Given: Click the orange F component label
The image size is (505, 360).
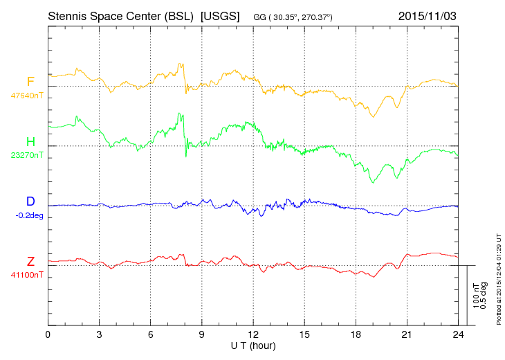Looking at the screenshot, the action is pos(30,82).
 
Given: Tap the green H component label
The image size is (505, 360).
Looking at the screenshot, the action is pos(30,141).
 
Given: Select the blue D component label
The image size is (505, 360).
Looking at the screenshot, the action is pos(30,201).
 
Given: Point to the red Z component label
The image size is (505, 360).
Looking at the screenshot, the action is pos(30,261).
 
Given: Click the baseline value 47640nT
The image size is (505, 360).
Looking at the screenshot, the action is pos(27,96).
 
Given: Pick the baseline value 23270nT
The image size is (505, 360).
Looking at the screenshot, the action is pos(27,155).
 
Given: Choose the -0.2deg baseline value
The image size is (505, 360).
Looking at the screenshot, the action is pos(29,215).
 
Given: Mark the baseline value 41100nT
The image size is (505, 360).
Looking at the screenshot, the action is pos(27,275).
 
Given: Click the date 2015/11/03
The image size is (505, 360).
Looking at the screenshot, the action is pos(427,16).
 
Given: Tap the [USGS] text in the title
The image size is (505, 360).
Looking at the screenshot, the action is pos(220,16).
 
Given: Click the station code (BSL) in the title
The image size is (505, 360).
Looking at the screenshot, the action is pos(178,16).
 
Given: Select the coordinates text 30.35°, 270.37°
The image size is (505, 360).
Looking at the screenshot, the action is pos(302,17).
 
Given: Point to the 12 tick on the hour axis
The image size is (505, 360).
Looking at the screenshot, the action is pos(253,334).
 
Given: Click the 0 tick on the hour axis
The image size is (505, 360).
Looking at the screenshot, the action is pos(48,334).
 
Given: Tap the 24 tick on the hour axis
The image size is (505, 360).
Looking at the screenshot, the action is pos(458,334).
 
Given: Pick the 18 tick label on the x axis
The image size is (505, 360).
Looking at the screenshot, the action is pos(356,334).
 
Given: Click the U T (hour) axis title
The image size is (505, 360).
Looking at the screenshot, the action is pos(253,346).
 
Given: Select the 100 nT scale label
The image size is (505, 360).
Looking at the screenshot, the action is pos(476,296).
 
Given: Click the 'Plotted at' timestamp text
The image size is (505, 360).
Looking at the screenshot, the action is pos(499,279).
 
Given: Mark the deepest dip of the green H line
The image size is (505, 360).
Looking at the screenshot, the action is pos(374,183).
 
